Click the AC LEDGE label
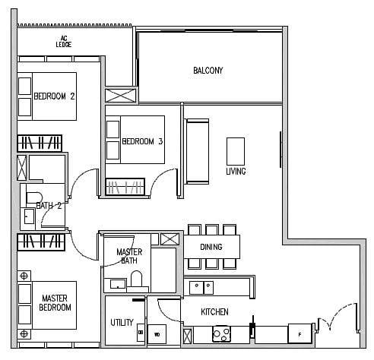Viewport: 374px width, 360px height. pos(64,42)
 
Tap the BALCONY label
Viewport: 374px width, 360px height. pos(208,71)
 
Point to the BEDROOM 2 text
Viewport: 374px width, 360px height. pos(54,96)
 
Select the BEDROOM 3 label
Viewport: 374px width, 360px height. pos(142,141)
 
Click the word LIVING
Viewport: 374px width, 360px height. pos(236,172)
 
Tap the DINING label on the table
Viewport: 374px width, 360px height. pos(211,247)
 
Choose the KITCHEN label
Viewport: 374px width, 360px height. pos(214,312)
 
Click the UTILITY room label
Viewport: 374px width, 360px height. pos(122,322)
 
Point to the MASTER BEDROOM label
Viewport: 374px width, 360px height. pos(55,303)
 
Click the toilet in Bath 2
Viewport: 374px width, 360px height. pos(34,197)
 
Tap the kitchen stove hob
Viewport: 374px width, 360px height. pos(221,333)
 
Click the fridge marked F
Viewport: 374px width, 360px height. pos(300,333)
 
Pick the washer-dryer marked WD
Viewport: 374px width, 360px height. pos(157,334)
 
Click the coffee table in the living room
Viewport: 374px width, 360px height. pos(236,151)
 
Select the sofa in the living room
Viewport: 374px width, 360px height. pos(198,151)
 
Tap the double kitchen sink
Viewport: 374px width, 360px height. pos(201,288)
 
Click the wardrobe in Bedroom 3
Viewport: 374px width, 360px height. pos(125,187)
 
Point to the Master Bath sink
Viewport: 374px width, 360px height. pos(118,284)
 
